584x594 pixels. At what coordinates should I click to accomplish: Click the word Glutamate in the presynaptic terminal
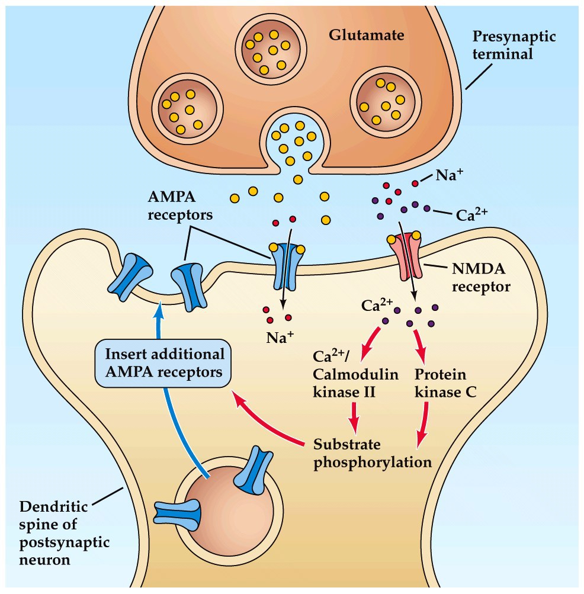click(367, 35)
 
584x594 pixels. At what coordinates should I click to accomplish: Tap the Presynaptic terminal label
click(514, 45)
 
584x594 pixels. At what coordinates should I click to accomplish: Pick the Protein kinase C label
click(440, 383)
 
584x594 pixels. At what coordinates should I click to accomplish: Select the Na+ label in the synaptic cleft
click(448, 175)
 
